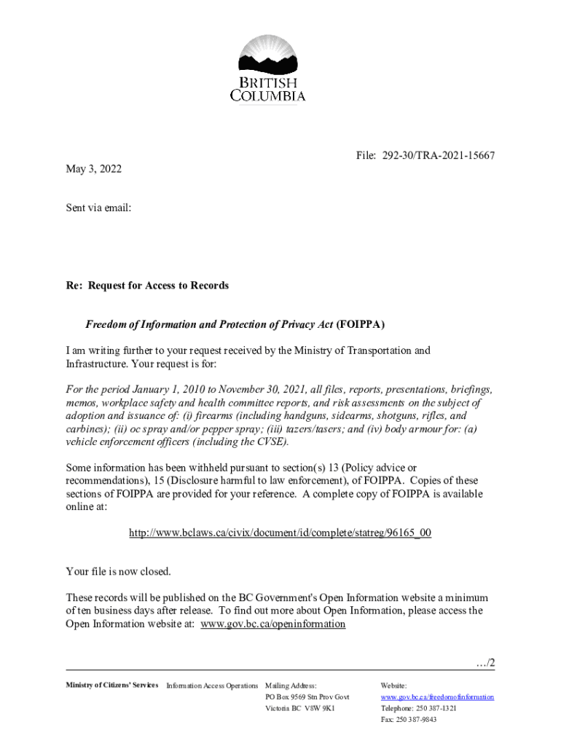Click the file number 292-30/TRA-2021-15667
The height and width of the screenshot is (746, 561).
click(x=436, y=156)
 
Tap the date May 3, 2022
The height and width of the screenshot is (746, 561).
click(x=94, y=169)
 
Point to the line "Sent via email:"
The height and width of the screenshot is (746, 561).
click(x=98, y=208)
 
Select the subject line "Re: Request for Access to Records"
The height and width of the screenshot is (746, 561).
click(x=147, y=286)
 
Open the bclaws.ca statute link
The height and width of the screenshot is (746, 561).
click(x=280, y=533)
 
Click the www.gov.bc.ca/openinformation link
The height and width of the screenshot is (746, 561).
click(x=272, y=624)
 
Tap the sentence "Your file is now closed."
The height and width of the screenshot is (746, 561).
click(x=118, y=571)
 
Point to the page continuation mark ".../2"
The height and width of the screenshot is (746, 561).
click(x=484, y=663)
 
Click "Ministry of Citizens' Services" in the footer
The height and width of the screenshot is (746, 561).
click(x=112, y=686)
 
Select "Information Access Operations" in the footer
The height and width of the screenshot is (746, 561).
click(x=212, y=686)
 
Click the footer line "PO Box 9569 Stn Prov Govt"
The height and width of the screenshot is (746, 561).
click(x=307, y=697)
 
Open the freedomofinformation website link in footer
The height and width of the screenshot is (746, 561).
click(x=437, y=697)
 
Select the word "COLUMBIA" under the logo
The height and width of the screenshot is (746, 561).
click(x=268, y=95)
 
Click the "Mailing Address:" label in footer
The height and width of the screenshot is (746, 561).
click(x=291, y=686)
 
